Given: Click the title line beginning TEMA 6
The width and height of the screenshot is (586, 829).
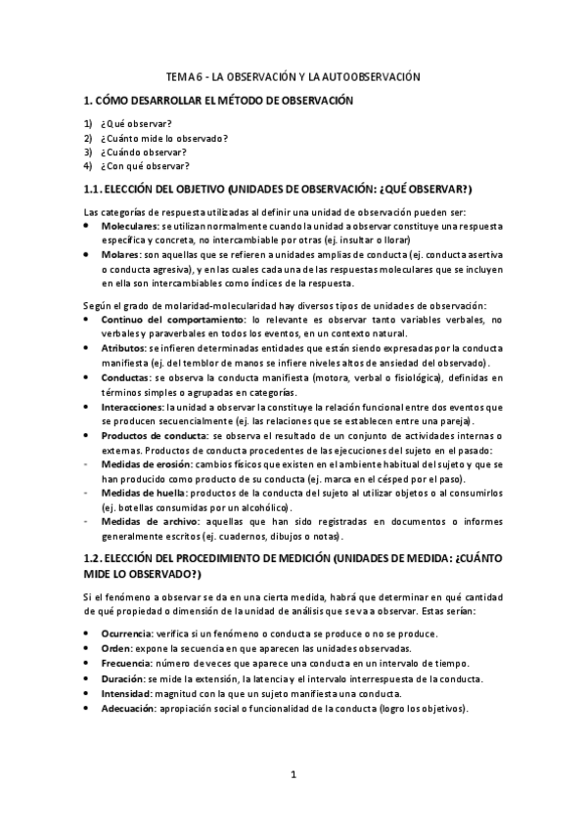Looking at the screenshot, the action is pyautogui.click(x=293, y=75).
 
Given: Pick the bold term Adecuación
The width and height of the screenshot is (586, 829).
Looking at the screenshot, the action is pyautogui.click(x=130, y=708).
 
